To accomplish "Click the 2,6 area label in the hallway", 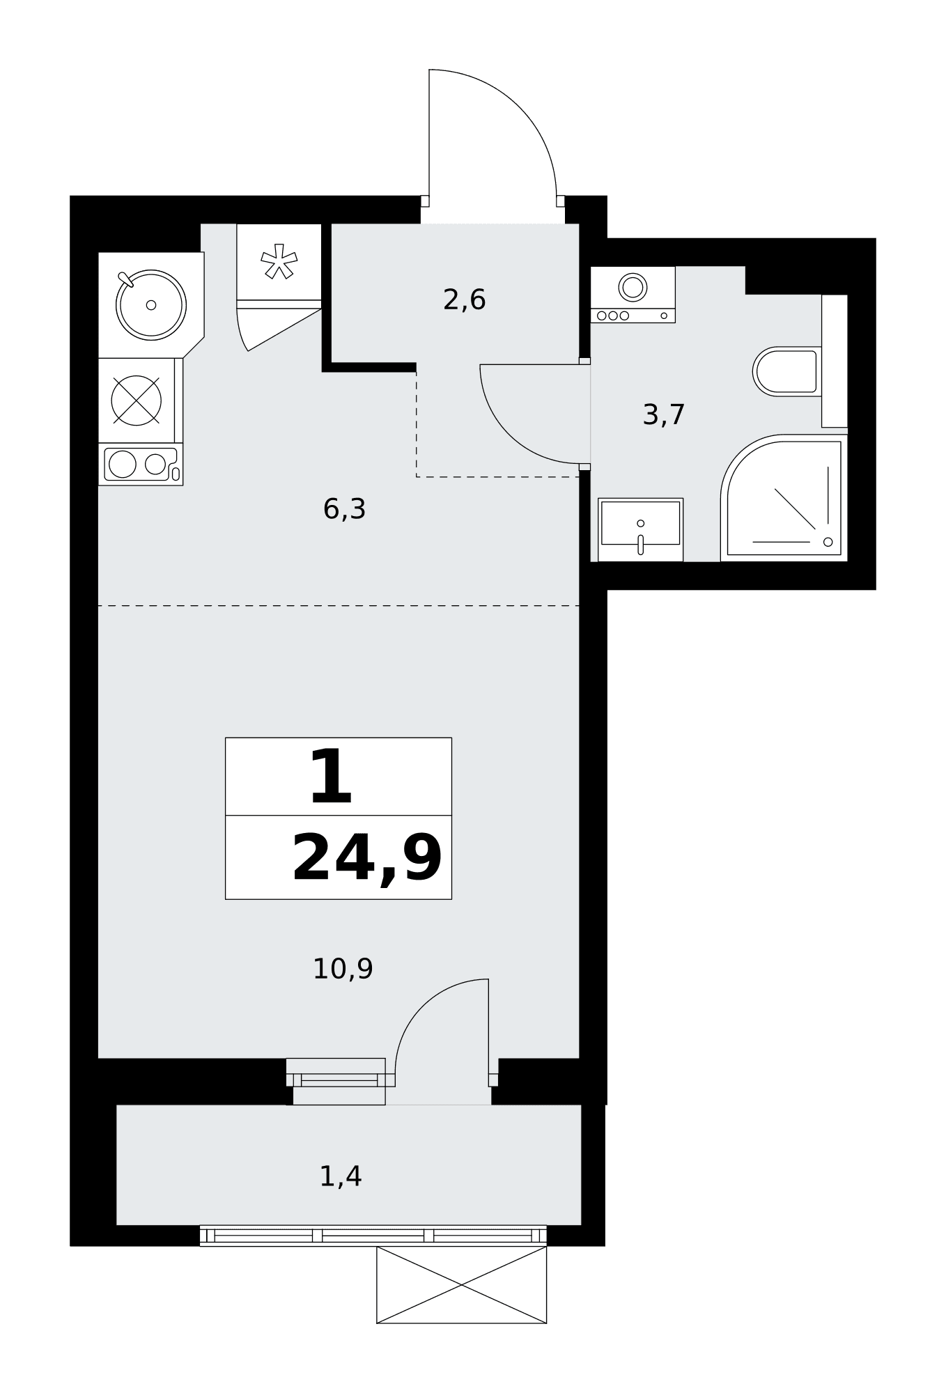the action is (464, 300).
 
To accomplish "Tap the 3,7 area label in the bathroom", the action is (664, 415).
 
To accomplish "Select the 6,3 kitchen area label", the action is (344, 509).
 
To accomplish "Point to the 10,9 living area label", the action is (343, 969).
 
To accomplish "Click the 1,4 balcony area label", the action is (341, 1176).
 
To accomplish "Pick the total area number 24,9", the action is (367, 859).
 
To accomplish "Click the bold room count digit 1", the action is (331, 776).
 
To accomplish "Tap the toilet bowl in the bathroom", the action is (786, 371).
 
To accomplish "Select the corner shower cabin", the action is (784, 497).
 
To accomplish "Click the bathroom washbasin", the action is (640, 529).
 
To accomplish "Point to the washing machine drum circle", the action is (633, 286).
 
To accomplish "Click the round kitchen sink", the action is (151, 305).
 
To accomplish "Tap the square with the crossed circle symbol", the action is (137, 400).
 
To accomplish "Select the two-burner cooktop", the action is (141, 465).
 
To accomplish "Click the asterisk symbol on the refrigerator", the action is (279, 261).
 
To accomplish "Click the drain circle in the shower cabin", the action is (828, 542).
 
